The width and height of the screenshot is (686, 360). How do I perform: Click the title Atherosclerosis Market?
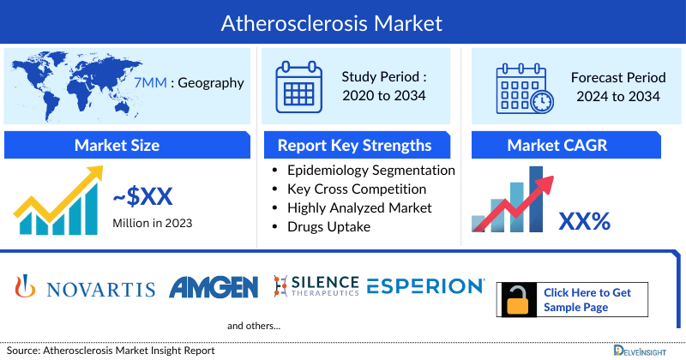(343, 22)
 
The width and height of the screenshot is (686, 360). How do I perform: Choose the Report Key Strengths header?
(354, 145)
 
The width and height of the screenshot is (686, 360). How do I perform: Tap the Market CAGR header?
(557, 145)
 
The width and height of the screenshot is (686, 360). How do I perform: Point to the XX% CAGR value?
(584, 222)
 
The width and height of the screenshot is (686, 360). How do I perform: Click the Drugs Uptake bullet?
(329, 226)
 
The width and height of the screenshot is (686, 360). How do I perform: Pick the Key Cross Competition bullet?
(357, 189)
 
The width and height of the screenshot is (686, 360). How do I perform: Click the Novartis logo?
(86, 288)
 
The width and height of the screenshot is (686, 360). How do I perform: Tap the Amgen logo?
(214, 288)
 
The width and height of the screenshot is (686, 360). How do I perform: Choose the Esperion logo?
(425, 286)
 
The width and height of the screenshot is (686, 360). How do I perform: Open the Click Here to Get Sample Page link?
(587, 300)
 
